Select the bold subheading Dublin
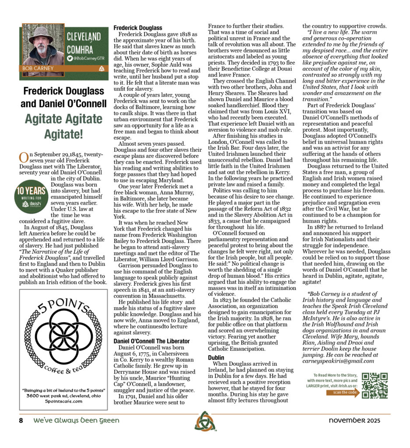pos(216,357)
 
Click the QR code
pos(375,385)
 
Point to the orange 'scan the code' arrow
pos(343,392)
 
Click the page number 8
pos(21,420)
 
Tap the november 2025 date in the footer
pos(354,420)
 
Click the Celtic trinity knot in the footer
pos(204,421)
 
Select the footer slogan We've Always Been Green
pos(76,420)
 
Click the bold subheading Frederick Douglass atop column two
pos(138,28)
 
